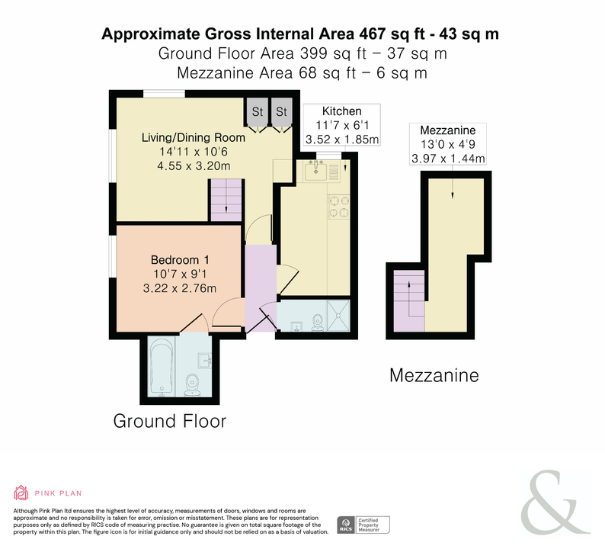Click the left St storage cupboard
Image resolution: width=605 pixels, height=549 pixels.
coord(258,111)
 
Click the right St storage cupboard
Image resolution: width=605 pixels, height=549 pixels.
coord(281,111)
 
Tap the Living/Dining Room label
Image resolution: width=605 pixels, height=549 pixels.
coord(194,137)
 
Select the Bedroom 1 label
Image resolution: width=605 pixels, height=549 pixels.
coord(180,260)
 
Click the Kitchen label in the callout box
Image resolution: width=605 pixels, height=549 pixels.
coord(342,111)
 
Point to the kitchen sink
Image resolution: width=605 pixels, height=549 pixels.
coord(315,171)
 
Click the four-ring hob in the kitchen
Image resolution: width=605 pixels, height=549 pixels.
coord(339,207)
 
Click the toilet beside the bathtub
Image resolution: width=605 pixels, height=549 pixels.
coord(192,385)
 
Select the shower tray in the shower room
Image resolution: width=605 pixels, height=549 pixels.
coord(338,316)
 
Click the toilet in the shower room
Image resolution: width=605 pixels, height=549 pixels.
coord(318,323)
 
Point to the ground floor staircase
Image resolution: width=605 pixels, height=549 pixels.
coord(226,201)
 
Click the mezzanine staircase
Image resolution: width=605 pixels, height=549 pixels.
coord(409,300)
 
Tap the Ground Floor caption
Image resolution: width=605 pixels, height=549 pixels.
coord(170,421)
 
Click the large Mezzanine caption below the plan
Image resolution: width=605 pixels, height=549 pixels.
coord(434,375)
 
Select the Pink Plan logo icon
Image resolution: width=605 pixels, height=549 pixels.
coord(21,493)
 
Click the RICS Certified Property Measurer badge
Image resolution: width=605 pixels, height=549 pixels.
coord(363,525)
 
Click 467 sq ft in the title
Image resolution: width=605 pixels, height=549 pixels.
coord(392,34)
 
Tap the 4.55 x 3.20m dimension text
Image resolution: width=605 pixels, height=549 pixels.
coord(194,166)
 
